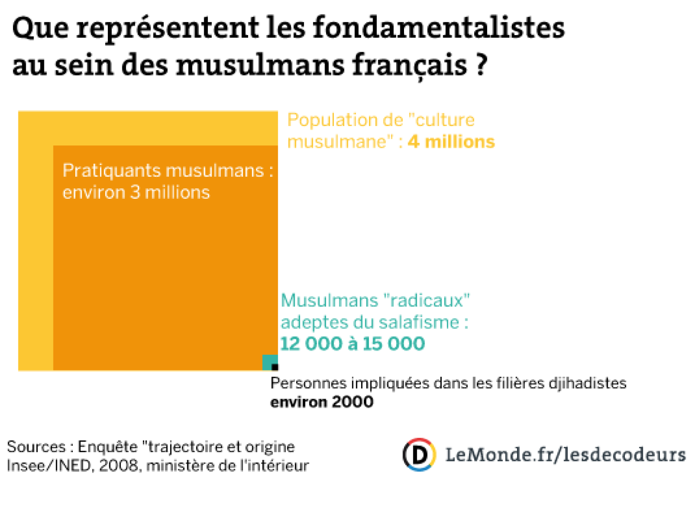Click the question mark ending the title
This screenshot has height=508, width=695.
(x=482, y=65)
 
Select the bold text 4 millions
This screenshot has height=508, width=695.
(x=451, y=142)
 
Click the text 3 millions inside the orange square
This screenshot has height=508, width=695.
(x=170, y=193)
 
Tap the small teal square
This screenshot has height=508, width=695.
(x=268, y=361)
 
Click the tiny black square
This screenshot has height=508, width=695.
(x=275, y=367)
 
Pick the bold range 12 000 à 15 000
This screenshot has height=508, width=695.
(x=353, y=344)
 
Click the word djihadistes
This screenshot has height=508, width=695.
(x=587, y=383)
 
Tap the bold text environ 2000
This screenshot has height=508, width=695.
(x=322, y=402)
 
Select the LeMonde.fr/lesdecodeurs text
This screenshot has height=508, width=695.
(x=565, y=455)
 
